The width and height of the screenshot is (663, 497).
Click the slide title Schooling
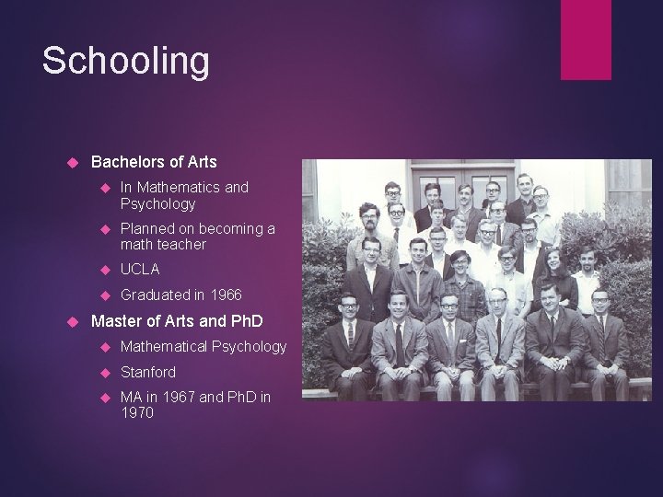click(x=126, y=62)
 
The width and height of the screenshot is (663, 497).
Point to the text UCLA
click(x=139, y=270)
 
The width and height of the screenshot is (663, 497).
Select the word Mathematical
click(x=166, y=347)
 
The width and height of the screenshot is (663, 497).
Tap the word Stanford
click(x=147, y=372)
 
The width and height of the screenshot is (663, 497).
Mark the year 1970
click(x=138, y=413)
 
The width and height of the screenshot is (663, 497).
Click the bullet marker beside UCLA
click(x=104, y=270)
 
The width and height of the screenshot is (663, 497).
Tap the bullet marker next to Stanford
click(x=104, y=373)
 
